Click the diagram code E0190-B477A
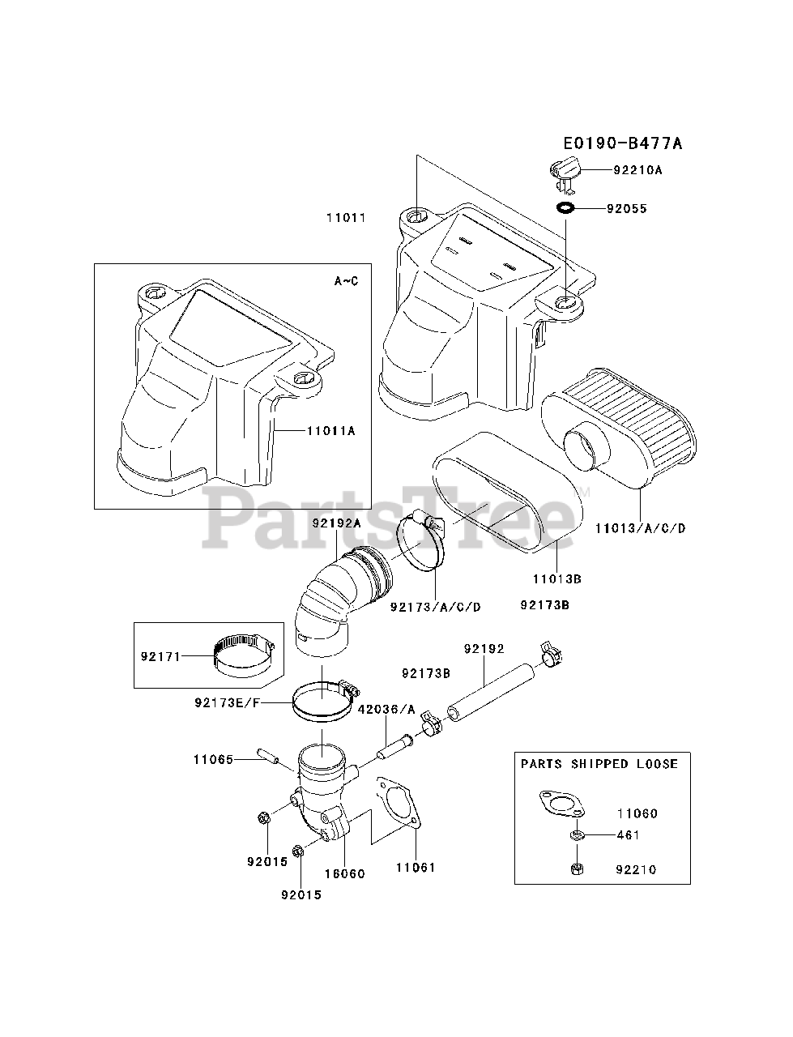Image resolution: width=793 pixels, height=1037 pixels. coord(622,144)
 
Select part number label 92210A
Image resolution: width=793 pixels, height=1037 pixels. coord(637,170)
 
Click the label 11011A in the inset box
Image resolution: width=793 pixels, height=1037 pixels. coord(330,431)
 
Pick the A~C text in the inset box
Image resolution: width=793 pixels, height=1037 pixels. coord(346,281)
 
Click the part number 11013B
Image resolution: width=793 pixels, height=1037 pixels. coord(558,579)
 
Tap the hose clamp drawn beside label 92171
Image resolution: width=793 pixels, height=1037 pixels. coord(243,655)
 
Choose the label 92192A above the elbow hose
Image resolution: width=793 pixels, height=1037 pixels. coord(335,523)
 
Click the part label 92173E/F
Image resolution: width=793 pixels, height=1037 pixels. coord(227,702)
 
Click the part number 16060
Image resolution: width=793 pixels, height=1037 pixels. coord(344,874)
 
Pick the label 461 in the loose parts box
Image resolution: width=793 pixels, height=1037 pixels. coord(628,835)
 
